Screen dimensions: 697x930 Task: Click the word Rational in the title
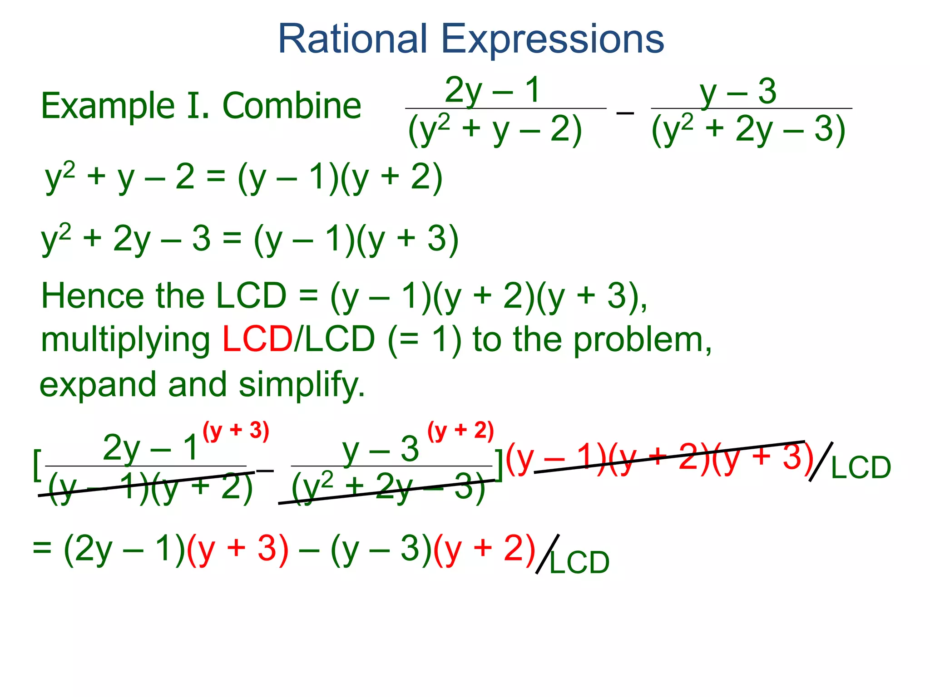tap(352, 39)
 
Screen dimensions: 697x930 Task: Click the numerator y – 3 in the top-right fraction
tap(738, 91)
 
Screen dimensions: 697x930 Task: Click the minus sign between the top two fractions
tap(625, 112)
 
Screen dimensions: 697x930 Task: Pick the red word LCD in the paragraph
tap(257, 339)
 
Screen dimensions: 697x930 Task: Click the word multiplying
tap(125, 340)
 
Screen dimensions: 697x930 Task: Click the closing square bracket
tap(499, 465)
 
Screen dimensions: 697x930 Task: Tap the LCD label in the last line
tap(579, 563)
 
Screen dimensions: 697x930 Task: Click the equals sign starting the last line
tap(42, 547)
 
